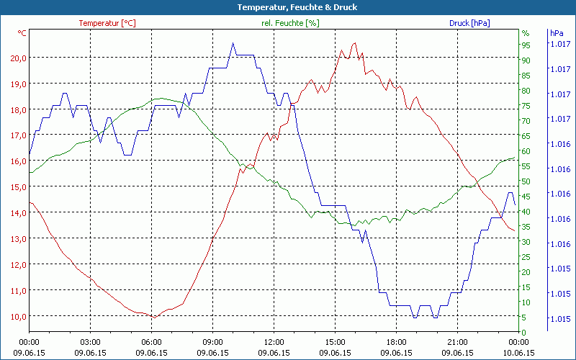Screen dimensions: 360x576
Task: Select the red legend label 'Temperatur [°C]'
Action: pyautogui.click(x=107, y=23)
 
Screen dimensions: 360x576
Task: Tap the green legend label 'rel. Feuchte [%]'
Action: pyautogui.click(x=289, y=23)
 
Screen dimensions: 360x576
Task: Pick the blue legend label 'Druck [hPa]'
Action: pyautogui.click(x=469, y=23)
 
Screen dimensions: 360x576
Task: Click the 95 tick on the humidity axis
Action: pyautogui.click(x=526, y=45)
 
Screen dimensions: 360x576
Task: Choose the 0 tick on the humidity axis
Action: pyautogui.click(x=523, y=332)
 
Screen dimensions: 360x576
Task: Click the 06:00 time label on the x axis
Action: pyautogui.click(x=151, y=342)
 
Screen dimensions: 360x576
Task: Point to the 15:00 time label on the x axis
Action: pyautogui.click(x=335, y=342)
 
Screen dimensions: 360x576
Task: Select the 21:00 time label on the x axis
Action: pyautogui.click(x=457, y=342)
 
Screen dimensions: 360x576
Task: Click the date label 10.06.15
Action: pyautogui.click(x=518, y=353)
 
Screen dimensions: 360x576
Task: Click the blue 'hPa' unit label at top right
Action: pyautogui.click(x=557, y=33)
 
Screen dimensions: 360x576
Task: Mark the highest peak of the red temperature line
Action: pyautogui.click(x=354, y=43)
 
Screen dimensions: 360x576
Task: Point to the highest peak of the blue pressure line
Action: pyautogui.click(x=233, y=43)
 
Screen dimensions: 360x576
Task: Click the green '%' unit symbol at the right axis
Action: pyautogui.click(x=525, y=33)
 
